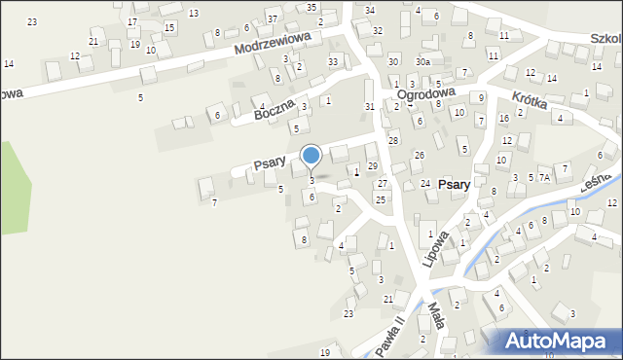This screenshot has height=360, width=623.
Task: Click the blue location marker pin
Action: tap(311, 156)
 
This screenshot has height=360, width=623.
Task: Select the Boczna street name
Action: tap(275, 112)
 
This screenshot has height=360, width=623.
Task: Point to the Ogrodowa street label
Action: tap(426, 94)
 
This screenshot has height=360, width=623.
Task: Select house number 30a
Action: tap(422, 61)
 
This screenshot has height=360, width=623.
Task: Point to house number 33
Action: tap(333, 62)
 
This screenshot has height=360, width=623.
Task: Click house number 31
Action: tap(369, 106)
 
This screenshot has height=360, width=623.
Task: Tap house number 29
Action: tap(372, 166)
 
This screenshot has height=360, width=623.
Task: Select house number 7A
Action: tap(545, 178)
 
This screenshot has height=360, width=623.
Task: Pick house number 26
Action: tap(419, 156)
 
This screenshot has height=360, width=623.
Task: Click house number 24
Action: tap(425, 183)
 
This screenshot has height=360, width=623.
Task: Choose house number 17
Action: tap(132, 21)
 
